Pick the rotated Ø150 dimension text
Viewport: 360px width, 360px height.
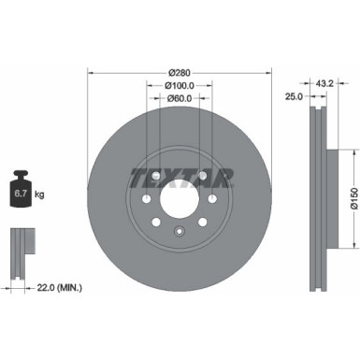click(352, 200)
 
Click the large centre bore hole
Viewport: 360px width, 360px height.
click(178, 200)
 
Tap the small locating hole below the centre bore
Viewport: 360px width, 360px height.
click(178, 230)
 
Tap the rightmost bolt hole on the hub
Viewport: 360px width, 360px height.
click(212, 199)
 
